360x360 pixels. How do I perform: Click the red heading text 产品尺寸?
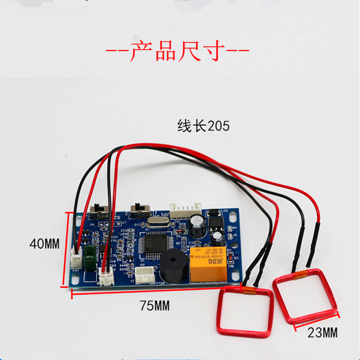(x=177, y=51)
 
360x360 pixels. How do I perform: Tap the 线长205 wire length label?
(x=203, y=126)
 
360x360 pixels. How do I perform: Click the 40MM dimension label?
(x=44, y=244)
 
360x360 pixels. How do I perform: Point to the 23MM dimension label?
(x=322, y=333)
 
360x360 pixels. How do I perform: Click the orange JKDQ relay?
(x=208, y=265)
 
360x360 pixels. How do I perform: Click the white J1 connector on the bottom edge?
(x=145, y=276)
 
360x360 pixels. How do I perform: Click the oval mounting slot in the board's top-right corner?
(x=233, y=217)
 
